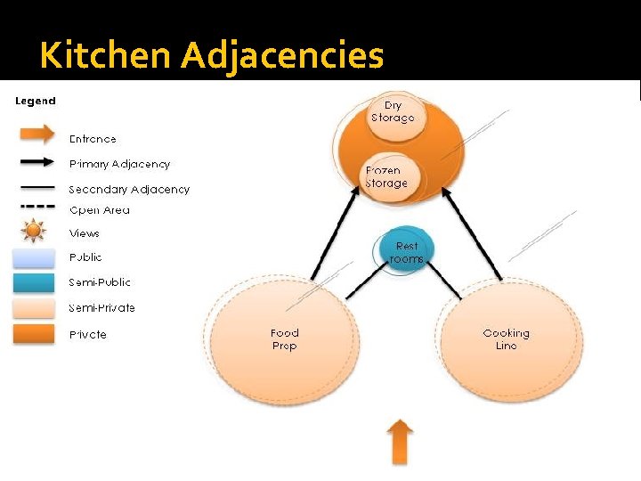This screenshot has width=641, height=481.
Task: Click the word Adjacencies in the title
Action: pyautogui.click(x=282, y=57)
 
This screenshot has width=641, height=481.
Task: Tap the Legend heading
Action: pyautogui.click(x=36, y=101)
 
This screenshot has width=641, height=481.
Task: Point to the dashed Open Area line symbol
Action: pyautogui.click(x=34, y=206)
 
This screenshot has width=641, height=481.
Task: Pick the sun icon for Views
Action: pyautogui.click(x=34, y=232)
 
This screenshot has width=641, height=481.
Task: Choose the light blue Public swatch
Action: pyautogui.click(x=34, y=257)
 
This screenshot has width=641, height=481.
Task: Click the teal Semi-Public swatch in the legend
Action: pyautogui.click(x=34, y=282)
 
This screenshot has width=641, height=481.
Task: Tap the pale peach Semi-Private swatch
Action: pyautogui.click(x=34, y=308)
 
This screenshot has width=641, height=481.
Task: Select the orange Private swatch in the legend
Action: pyautogui.click(x=34, y=334)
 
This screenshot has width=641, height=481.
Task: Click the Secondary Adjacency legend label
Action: pyautogui.click(x=129, y=189)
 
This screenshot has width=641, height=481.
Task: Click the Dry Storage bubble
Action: pyautogui.click(x=393, y=112)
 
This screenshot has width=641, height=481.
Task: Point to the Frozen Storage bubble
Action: pyautogui.click(x=386, y=176)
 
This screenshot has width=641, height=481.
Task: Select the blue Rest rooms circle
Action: pyautogui.click(x=406, y=251)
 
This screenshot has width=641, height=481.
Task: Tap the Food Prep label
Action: pyautogui.click(x=284, y=339)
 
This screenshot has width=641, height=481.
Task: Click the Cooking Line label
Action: pyautogui.click(x=506, y=339)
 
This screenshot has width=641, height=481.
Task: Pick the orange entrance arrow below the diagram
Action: pyautogui.click(x=402, y=443)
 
